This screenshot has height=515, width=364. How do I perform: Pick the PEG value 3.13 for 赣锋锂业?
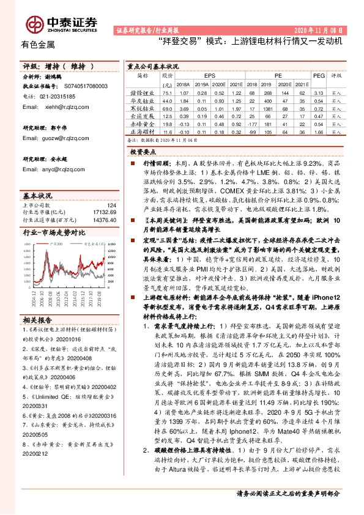[318, 93]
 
